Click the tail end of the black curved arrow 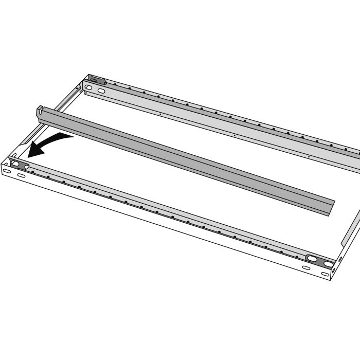73,136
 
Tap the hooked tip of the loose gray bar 40,109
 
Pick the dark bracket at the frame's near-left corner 20,166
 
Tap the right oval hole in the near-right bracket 328,264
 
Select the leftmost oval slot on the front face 7,170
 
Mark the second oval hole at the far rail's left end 101,91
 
